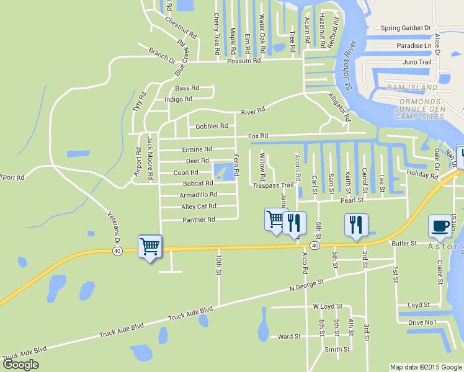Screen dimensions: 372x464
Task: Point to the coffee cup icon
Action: point(440,226)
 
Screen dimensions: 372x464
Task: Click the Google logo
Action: point(20,365)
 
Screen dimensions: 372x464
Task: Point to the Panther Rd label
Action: point(198,219)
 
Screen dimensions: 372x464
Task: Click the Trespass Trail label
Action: point(273,185)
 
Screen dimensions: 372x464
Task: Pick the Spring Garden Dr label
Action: point(406,28)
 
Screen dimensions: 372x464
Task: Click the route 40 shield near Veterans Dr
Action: point(117,250)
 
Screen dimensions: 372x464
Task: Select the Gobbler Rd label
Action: point(212,126)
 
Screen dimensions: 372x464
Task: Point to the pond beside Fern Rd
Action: point(223,170)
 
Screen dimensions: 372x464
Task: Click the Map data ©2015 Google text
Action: point(426,367)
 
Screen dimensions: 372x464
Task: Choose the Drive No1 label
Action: point(422,322)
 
